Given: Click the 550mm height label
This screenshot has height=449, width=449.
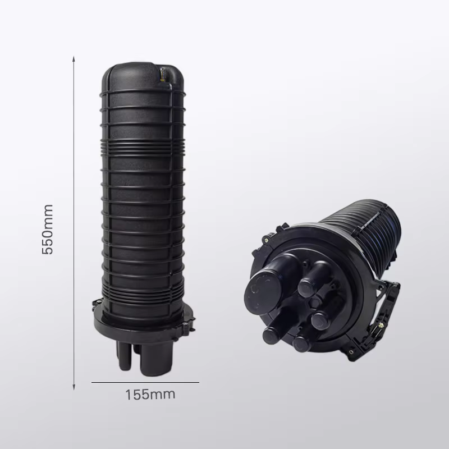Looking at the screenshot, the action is (x=48, y=230).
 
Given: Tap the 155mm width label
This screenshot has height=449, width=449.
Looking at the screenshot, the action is (x=150, y=395).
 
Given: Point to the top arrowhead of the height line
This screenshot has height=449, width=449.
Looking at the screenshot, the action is (x=74, y=59).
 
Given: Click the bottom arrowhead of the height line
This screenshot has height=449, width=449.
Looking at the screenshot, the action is (x=74, y=387).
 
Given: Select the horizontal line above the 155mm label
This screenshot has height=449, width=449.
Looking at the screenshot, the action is (x=145, y=382).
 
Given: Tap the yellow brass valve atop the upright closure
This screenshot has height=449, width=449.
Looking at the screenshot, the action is (x=162, y=75).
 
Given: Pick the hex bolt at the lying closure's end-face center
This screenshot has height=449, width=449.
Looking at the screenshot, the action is (x=314, y=303).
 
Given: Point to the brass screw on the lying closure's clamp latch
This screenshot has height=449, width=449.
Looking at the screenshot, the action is (x=381, y=326).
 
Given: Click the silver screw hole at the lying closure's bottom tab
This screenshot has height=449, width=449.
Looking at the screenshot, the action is (x=351, y=351).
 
